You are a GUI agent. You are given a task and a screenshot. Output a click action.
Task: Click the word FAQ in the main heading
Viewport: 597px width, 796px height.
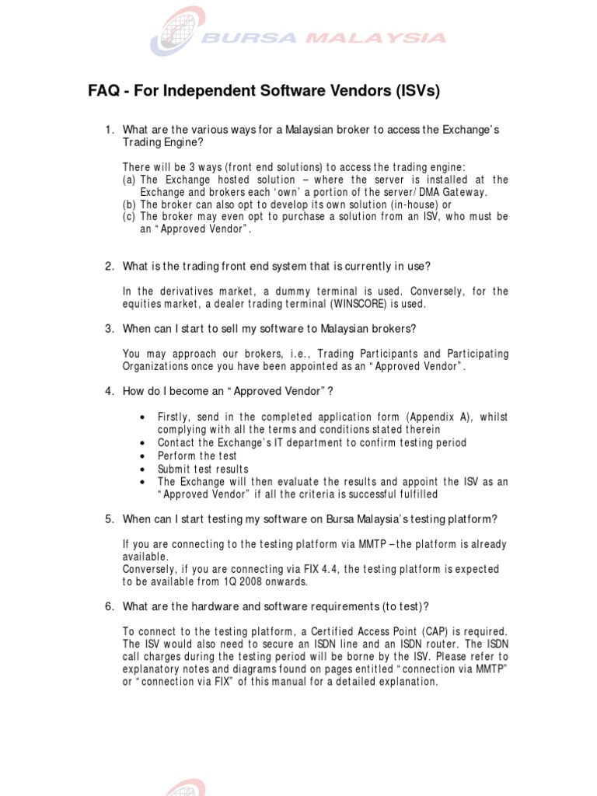(103, 92)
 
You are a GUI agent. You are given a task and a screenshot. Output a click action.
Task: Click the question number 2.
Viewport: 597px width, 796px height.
(110, 267)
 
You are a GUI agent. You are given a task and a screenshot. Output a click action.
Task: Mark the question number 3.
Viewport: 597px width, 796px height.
(110, 328)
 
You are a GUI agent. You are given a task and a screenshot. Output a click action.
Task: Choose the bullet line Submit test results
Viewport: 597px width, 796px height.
(203, 469)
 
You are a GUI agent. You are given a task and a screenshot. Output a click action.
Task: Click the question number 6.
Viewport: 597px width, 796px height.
(110, 606)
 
